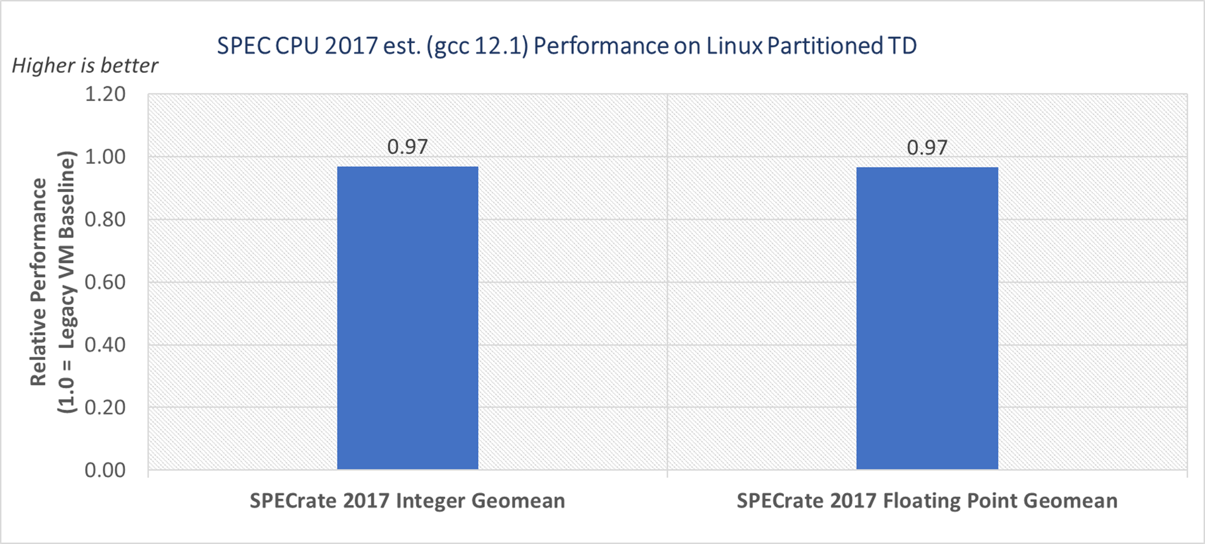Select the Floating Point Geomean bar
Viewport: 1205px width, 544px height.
927,318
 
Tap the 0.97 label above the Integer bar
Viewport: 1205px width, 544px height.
408,147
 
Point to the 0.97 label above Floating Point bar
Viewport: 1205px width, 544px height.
927,147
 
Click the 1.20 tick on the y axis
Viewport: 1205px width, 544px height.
105,95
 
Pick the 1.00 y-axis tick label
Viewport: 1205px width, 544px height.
105,157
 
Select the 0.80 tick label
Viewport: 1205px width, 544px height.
105,220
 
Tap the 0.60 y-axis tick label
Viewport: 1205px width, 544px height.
105,283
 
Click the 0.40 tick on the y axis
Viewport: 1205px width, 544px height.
105,345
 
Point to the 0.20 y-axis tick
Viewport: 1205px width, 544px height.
105,407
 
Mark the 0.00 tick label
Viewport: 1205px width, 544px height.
105,470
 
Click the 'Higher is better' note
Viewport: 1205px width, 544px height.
85,66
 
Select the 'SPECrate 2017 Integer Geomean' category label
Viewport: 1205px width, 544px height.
407,501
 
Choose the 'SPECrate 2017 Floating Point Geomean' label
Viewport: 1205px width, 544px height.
927,501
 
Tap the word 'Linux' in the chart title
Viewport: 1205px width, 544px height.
734,46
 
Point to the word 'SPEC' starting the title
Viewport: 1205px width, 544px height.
243,46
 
